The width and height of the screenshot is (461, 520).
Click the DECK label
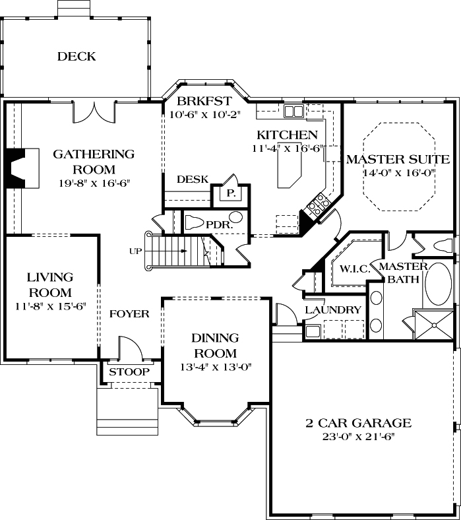76,57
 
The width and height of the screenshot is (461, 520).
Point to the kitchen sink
293,111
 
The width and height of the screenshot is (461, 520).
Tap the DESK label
193,179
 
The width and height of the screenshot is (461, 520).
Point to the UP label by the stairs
137,251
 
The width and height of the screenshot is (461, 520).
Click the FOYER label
129,313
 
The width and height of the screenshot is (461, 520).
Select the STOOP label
129,372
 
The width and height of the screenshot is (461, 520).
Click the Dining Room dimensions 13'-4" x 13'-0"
215,366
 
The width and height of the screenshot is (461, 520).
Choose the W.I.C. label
354,269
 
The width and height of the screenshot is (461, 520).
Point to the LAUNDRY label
333,310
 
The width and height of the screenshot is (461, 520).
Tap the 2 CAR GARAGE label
358,423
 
